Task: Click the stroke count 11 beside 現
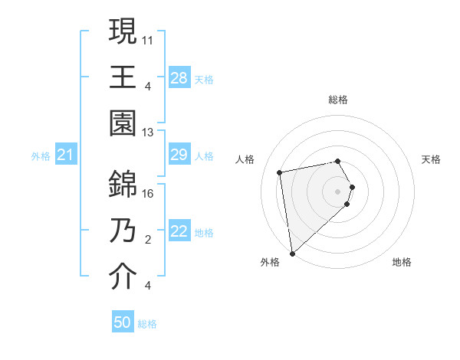tap(148, 38)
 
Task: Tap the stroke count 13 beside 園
tap(148, 133)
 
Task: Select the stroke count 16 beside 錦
tap(148, 194)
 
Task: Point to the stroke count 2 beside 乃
tap(148, 241)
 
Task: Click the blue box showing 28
tap(179, 77)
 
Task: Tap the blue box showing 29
tap(179, 155)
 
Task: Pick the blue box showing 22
tap(179, 232)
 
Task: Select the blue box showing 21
tap(65, 155)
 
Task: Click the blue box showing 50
tap(123, 322)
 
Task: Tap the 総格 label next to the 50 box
tap(147, 324)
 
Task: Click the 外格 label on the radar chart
tap(270, 262)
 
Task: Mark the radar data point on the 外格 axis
tap(292, 253)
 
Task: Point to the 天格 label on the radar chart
tap(431, 159)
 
